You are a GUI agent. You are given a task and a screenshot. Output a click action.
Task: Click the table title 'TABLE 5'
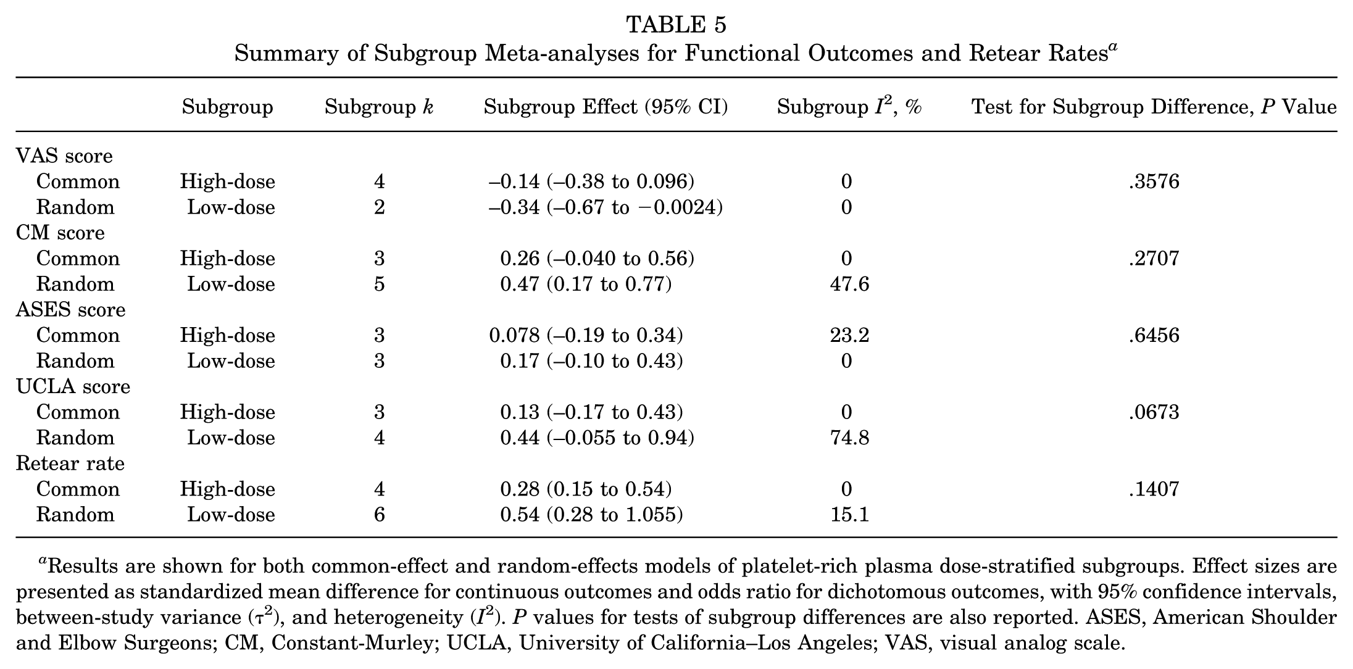click(x=676, y=25)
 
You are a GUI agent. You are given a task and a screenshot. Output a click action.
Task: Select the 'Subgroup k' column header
click(x=379, y=107)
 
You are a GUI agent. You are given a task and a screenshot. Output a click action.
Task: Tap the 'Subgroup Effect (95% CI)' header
click(x=606, y=107)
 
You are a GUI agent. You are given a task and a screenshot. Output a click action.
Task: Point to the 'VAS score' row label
click(x=64, y=156)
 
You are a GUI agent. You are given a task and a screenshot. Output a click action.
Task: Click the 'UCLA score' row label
click(x=73, y=386)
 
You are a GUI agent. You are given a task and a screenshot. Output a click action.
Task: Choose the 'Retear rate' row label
click(x=70, y=463)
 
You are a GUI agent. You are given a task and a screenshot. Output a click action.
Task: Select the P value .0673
click(x=1154, y=412)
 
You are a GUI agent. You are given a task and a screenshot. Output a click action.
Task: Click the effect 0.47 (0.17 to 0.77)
click(x=586, y=284)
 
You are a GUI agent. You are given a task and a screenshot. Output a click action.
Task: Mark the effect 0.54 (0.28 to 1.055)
click(x=591, y=515)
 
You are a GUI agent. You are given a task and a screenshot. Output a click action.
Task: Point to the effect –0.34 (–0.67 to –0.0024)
click(x=606, y=207)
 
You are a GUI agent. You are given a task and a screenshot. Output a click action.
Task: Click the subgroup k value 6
click(x=380, y=515)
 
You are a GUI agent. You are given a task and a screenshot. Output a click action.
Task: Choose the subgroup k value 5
click(x=380, y=284)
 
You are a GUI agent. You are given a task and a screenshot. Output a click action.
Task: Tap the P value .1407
click(x=1154, y=489)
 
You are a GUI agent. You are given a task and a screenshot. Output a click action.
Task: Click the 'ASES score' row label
click(x=70, y=309)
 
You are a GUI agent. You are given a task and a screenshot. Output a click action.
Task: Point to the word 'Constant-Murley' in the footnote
click(x=352, y=643)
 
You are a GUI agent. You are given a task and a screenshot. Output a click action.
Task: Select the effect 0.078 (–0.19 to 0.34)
click(x=586, y=335)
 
